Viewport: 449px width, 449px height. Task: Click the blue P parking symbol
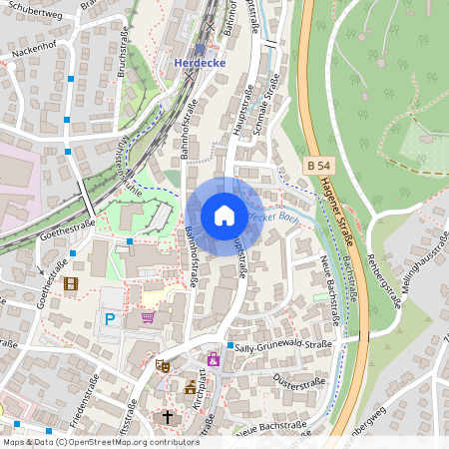click(110, 319)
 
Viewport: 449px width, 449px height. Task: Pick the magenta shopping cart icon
click(149, 317)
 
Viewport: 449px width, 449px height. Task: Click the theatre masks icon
click(162, 366)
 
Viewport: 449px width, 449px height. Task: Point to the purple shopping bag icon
click(213, 359)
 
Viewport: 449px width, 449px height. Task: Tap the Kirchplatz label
click(201, 385)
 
